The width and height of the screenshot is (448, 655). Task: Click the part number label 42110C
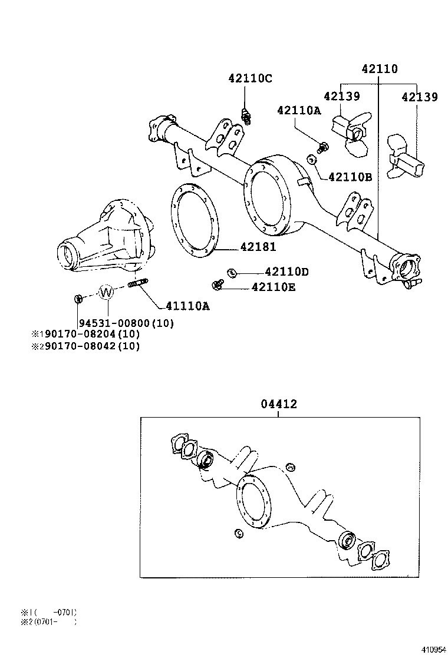(x=251, y=78)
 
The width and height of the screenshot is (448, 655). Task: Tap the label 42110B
(x=350, y=176)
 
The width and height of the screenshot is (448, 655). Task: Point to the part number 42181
(x=258, y=248)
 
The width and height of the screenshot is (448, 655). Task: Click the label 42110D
(x=286, y=272)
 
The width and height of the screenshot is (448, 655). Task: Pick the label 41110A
(x=187, y=306)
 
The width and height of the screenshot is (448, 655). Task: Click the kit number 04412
(x=279, y=404)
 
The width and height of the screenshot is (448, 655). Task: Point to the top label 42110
(x=379, y=69)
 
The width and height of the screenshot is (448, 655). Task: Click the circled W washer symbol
(x=106, y=292)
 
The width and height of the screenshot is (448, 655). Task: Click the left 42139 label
(x=341, y=96)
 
